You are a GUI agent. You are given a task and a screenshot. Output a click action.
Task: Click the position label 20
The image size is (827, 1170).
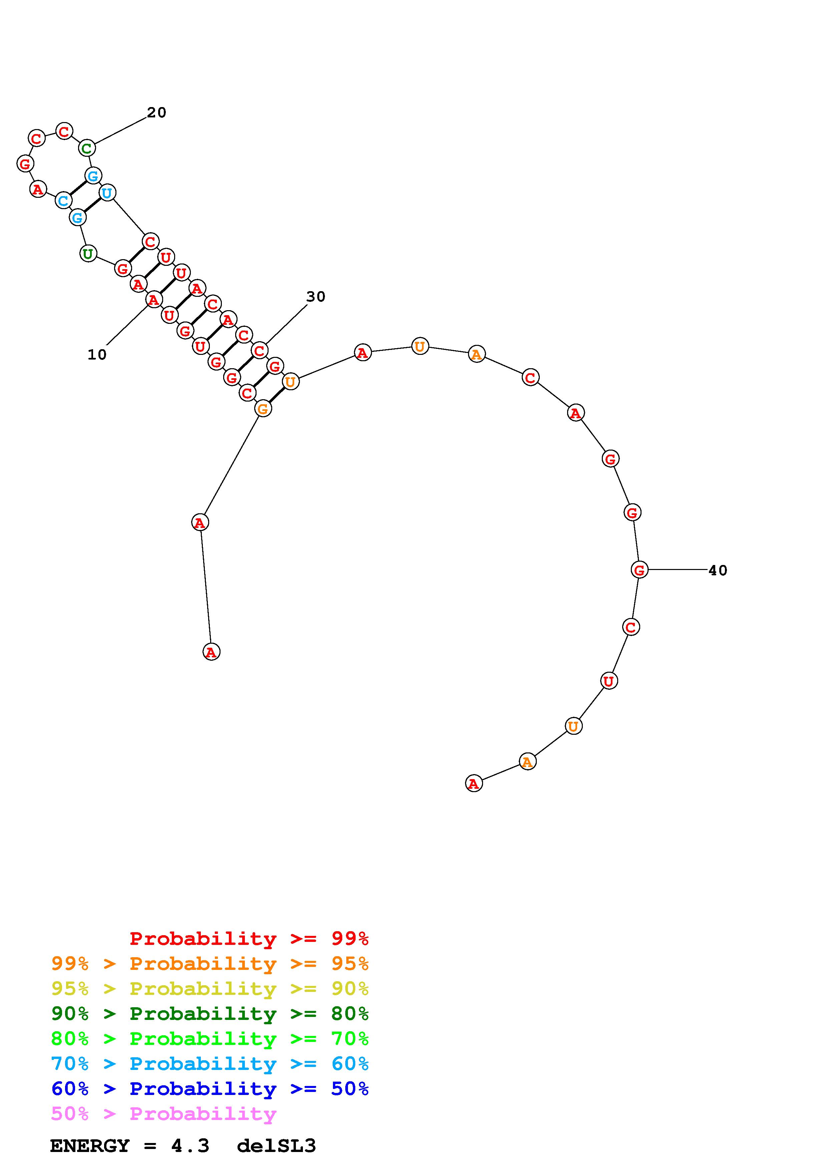point(156,113)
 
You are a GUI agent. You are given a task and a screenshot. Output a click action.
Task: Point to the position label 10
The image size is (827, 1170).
point(97,355)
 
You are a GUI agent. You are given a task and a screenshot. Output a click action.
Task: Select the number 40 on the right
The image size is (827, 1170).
point(718,570)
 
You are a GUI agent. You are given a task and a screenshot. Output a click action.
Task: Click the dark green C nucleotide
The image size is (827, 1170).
point(87,148)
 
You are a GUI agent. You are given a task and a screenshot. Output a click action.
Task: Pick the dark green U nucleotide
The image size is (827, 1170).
point(88,253)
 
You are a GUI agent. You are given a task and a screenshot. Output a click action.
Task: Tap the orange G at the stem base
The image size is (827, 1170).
point(263,408)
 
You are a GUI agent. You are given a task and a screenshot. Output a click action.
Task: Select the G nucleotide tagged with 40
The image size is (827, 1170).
point(640,569)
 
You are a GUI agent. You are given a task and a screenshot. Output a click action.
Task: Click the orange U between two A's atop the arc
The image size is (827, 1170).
point(420,347)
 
